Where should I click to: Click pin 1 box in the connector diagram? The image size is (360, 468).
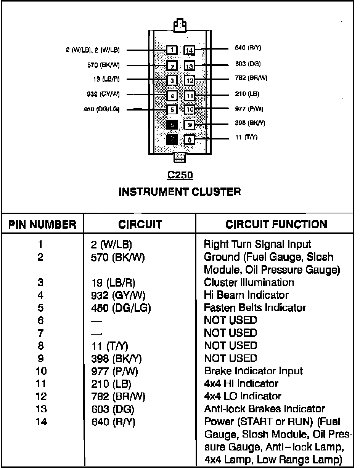(172, 50)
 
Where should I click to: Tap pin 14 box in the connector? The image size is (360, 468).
(189, 50)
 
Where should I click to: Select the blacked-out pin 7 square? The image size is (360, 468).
(172, 139)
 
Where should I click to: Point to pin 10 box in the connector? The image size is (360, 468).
(189, 110)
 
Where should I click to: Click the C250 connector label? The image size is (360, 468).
(180, 175)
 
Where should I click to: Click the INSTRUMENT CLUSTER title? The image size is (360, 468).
(180, 192)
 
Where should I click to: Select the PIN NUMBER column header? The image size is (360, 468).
(42, 224)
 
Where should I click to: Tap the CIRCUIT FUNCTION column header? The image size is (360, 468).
(276, 224)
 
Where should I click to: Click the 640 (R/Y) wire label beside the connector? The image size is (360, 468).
(248, 48)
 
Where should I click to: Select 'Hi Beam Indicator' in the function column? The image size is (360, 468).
(246, 295)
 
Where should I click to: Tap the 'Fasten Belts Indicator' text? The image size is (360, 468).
(255, 308)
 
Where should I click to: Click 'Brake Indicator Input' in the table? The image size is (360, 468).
(254, 371)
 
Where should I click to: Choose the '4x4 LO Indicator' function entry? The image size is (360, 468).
(243, 396)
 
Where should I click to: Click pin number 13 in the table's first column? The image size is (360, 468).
(41, 409)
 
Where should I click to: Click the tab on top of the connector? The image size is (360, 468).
(180, 26)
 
